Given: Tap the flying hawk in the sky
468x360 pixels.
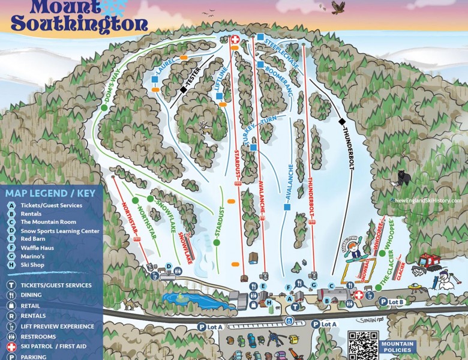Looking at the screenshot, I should coord(339,7).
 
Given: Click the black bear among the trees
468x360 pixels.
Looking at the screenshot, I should coord(404,178).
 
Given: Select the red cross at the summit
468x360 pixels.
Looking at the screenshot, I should coord(235,40).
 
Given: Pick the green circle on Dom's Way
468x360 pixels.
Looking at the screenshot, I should coord(104,107).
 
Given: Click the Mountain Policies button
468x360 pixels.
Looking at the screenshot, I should coord(397,347).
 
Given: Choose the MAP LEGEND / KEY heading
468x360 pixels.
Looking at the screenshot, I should coord(50,193).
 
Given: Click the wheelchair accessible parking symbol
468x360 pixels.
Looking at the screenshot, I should coord(289,321).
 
